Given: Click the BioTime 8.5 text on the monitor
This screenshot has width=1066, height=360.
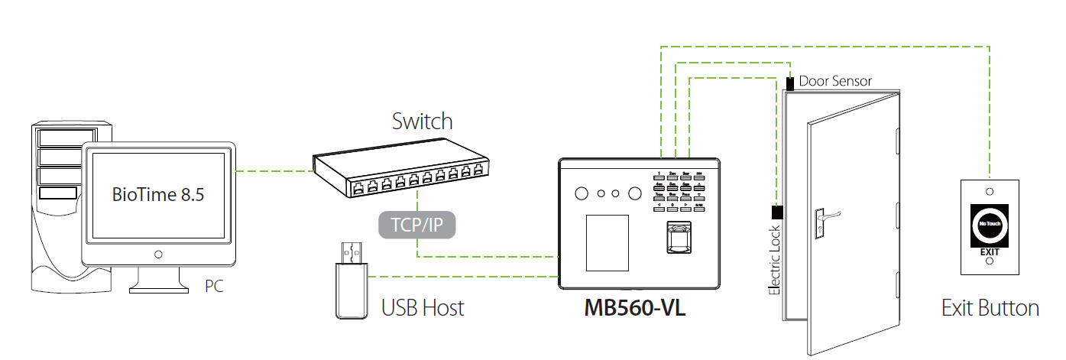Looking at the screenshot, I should point(158,195).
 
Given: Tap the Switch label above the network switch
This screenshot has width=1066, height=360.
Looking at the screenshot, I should point(422,121).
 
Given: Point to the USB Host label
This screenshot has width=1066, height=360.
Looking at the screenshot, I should point(423,308).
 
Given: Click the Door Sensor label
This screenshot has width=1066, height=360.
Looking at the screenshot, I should point(835,81).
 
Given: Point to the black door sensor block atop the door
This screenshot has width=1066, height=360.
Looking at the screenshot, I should point(790,82).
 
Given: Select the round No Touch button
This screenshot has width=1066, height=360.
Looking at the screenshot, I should point(989,225).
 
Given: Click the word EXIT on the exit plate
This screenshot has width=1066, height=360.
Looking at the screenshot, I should point(989,250).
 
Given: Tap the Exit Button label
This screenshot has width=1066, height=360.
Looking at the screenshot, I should point(990,308).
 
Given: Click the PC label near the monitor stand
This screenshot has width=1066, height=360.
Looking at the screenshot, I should point(215,287).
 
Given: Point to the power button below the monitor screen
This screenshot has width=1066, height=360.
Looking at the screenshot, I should point(158,254).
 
